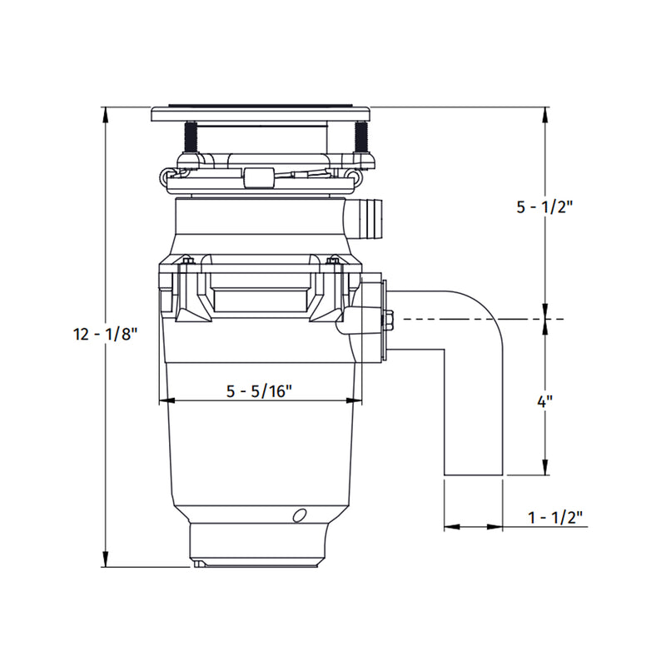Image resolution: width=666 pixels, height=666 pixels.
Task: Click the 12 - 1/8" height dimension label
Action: (x=106, y=335)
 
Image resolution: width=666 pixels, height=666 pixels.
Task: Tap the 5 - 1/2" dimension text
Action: (x=545, y=207)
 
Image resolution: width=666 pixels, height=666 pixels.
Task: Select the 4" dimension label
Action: (x=545, y=401)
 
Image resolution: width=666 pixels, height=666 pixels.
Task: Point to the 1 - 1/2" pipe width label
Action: (x=555, y=517)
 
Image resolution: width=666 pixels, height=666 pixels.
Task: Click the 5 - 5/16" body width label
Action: (x=259, y=390)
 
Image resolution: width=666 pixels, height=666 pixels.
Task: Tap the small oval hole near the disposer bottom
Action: (x=300, y=514)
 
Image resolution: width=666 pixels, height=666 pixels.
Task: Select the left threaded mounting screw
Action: (x=191, y=137)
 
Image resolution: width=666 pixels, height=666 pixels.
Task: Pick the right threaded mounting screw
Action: (x=361, y=137)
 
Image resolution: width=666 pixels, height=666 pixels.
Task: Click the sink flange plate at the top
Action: (x=261, y=112)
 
